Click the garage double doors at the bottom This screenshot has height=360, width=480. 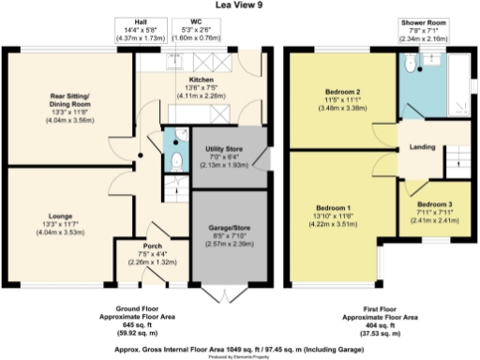223,294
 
